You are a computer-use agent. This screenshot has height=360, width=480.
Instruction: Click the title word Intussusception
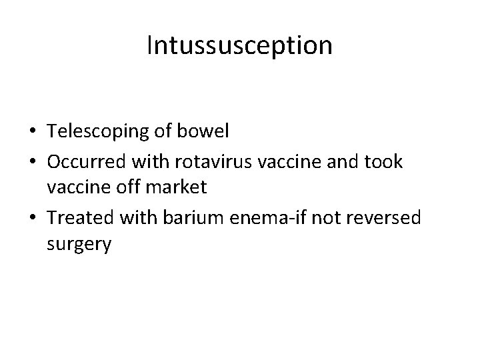coord(239,46)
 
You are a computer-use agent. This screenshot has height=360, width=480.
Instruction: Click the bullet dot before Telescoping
coord(33,132)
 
